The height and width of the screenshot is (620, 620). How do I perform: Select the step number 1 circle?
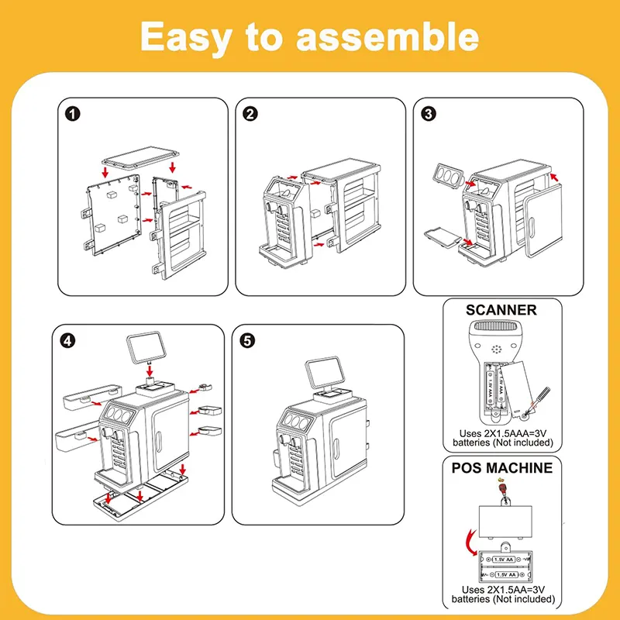point(71,113)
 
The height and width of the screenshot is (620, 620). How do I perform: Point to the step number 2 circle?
point(250,113)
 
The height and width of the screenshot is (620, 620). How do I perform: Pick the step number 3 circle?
point(429,113)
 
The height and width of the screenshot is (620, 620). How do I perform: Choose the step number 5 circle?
point(247,341)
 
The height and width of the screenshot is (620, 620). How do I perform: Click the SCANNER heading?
point(501,310)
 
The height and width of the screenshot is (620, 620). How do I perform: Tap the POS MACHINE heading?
point(501,467)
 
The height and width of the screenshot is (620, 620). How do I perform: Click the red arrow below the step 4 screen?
point(150,374)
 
